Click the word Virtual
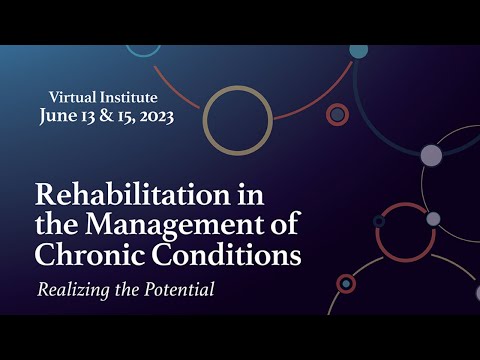[x=74, y=97]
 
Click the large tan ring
[x=238, y=121]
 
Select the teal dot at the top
[x=358, y=51]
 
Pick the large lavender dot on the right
[x=431, y=155]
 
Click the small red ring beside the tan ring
[x=338, y=115]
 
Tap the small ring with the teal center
[x=346, y=284]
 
